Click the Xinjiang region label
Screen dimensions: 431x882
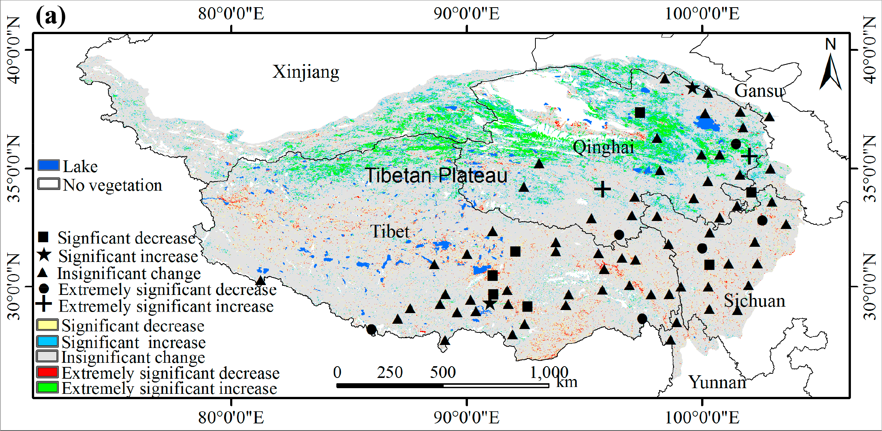point(306,72)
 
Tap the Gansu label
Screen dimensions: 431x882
point(759,91)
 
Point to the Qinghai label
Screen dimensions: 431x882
point(603,147)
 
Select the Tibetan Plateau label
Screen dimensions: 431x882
point(436,176)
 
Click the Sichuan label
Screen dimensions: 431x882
point(755,301)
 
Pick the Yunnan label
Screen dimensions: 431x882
point(717,382)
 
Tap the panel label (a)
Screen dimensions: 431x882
point(50,16)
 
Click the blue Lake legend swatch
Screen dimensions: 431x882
point(49,166)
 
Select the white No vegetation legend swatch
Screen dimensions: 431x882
point(49,184)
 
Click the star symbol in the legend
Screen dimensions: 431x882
point(44,255)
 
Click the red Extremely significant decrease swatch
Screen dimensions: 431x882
point(47,372)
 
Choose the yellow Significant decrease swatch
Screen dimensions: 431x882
point(47,325)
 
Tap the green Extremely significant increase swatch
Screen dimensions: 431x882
point(47,388)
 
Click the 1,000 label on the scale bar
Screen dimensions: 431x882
point(549,372)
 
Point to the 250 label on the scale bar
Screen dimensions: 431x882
point(390,372)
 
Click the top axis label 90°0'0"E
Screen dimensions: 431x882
point(466,14)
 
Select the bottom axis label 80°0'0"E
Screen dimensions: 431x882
point(231,418)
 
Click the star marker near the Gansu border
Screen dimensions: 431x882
point(693,88)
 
